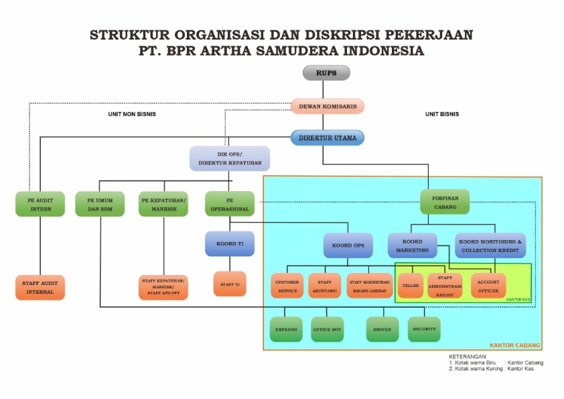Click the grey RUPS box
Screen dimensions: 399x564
pyautogui.click(x=326, y=72)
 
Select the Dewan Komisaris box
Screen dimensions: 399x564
pyautogui.click(x=327, y=106)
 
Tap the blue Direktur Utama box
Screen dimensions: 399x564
pyautogui.click(x=327, y=137)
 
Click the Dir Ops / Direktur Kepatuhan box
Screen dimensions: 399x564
pyautogui.click(x=230, y=158)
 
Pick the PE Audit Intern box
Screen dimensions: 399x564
pyautogui.click(x=40, y=204)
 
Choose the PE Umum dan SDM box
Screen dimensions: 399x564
pyautogui.click(x=100, y=204)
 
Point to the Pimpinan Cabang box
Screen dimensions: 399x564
pyautogui.click(x=445, y=202)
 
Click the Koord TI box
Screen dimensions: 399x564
pyautogui.click(x=230, y=243)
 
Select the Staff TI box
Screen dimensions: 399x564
pyautogui.click(x=230, y=284)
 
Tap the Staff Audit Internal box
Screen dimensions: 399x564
pyautogui.click(x=40, y=287)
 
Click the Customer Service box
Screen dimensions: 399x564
pyautogui.click(x=287, y=286)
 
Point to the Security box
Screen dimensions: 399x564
pyautogui.click(x=424, y=329)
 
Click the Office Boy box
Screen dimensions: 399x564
pyautogui.click(x=327, y=329)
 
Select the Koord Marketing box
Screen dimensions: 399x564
pyautogui.click(x=412, y=245)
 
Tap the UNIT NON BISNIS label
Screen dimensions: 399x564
pyautogui.click(x=132, y=114)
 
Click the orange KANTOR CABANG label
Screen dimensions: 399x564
pyautogui.click(x=514, y=345)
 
